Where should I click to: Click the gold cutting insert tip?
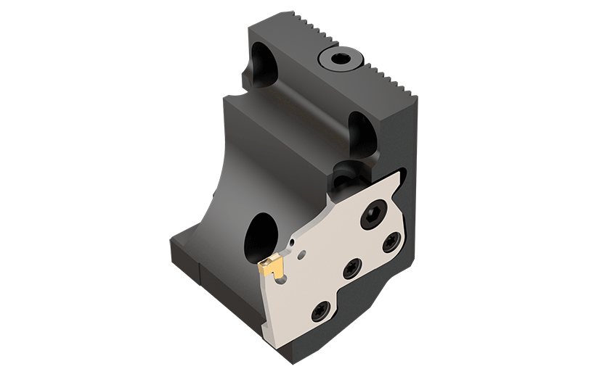(270, 270)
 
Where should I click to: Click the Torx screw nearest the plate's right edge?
(393, 242)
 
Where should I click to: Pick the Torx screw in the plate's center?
(351, 269)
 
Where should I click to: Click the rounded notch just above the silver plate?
(360, 130)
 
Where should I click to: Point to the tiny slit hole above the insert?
(290, 239)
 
